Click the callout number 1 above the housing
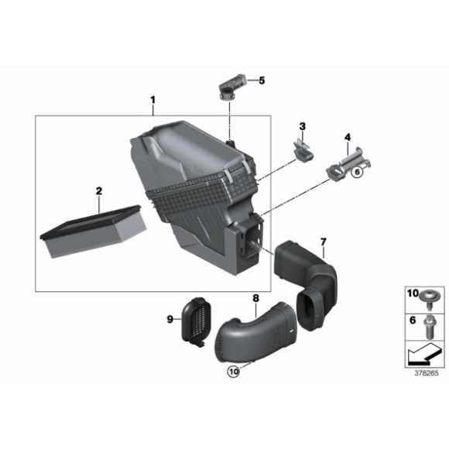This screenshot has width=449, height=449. pos(153,100)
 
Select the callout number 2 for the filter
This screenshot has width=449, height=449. pos(99,190)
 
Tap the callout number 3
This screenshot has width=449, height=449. pos(303,126)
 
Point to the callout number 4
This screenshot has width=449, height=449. pos(348,138)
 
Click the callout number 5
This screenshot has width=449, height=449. pos(262,80)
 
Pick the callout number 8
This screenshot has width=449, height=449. pos(256,296)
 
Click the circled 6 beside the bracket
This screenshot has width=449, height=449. pos(357,173)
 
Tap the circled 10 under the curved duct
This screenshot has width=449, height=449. pos(235,372)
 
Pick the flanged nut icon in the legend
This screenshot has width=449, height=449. pos(426,296)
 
